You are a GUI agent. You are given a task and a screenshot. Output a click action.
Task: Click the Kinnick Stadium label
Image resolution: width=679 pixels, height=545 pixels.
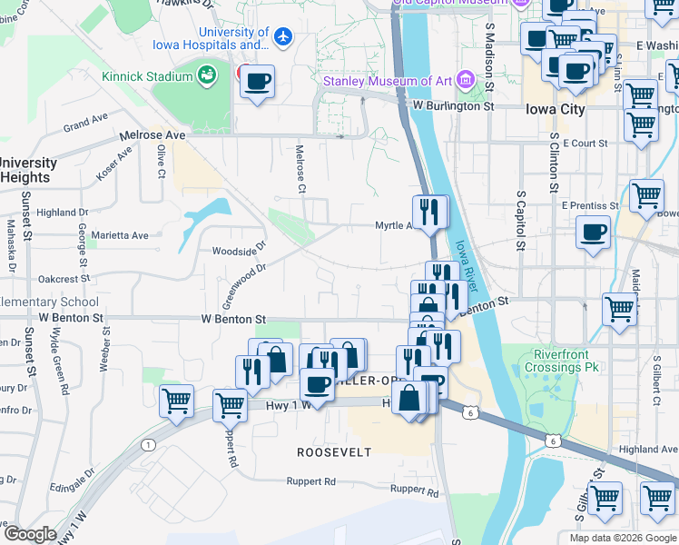(147, 76)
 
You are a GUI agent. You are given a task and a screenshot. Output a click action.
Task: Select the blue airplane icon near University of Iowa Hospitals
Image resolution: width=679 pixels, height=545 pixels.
(284, 37)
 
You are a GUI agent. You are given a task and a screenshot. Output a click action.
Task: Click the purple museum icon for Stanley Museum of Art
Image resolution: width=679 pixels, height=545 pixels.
(467, 81)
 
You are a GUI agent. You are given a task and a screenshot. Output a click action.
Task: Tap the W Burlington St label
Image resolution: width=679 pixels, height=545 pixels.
(452, 106)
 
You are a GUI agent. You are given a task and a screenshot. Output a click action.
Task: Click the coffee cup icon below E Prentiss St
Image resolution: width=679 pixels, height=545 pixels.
(594, 233)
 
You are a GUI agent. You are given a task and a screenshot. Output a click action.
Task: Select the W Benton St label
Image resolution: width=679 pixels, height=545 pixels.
(234, 320)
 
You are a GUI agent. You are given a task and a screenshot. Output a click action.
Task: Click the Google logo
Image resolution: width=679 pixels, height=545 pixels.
(31, 533)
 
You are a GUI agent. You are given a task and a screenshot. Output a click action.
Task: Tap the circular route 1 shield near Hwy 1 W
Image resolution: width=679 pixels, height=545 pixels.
(147, 444)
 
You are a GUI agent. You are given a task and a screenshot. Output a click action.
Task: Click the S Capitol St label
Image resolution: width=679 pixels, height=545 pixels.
(520, 220)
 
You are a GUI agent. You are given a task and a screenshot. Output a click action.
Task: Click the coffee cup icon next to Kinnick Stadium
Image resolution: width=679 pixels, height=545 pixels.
(258, 82)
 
